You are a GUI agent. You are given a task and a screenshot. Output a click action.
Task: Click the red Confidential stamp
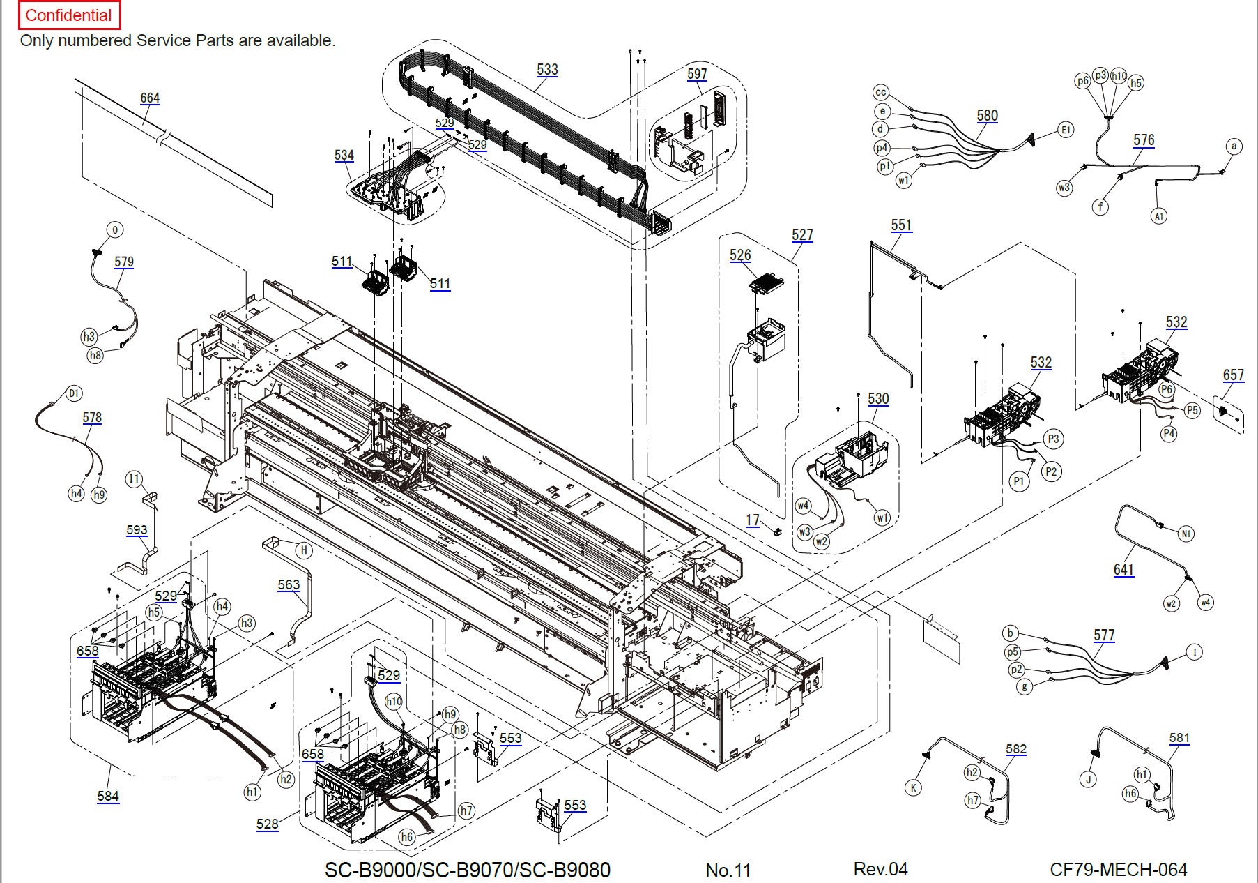click(68, 15)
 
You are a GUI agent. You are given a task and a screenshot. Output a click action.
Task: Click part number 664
click(150, 98)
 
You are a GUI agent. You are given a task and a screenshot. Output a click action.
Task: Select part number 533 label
click(547, 70)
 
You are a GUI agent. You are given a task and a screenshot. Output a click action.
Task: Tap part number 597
click(697, 74)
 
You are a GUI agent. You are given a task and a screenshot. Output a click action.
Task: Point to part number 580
click(987, 116)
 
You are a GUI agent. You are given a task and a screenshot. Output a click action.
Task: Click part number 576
click(1144, 140)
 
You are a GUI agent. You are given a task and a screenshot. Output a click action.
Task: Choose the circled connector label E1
click(1066, 130)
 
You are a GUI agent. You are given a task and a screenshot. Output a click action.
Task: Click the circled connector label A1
click(1158, 216)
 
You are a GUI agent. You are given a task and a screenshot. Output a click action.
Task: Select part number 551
click(901, 225)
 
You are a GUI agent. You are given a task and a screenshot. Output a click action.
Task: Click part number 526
click(740, 255)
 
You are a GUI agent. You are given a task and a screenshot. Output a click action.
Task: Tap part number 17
click(753, 520)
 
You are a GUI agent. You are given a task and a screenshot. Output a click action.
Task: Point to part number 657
click(1233, 375)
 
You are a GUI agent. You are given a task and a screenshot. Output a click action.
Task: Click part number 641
click(1123, 570)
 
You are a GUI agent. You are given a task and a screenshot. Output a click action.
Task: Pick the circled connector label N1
click(1186, 534)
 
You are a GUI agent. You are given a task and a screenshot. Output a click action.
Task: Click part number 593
click(137, 530)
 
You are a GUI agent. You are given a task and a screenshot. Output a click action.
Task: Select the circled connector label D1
click(74, 393)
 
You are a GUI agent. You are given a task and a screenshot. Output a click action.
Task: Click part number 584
click(108, 796)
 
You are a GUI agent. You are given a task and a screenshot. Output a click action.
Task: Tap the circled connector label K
click(913, 788)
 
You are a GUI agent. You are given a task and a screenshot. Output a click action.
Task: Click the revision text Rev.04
click(880, 869)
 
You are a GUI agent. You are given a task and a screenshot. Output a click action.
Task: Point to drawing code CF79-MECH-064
click(1118, 870)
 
